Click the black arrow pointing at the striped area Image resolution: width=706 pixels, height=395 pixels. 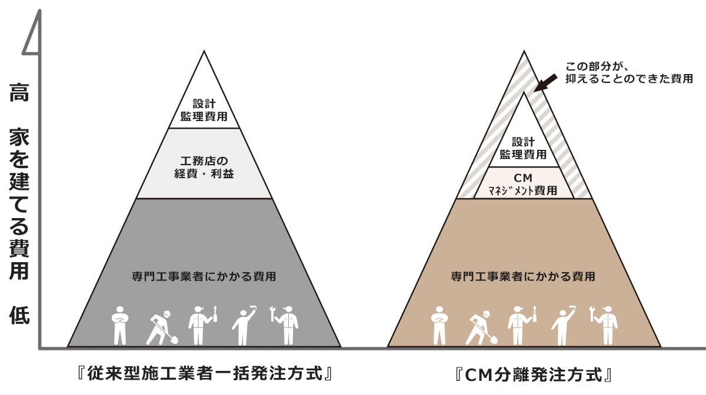point(545,82)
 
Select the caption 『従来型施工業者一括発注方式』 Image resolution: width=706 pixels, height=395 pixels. point(204,373)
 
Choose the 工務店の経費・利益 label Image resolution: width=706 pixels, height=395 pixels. point(204,167)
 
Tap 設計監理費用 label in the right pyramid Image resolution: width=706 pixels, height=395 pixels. point(523,148)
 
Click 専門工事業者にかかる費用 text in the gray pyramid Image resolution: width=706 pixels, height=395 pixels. point(204,275)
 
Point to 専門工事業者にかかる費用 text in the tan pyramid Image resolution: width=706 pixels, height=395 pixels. point(523,275)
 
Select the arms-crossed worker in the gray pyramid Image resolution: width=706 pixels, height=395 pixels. point(119,324)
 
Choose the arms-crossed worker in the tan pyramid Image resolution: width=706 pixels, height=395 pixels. point(439,324)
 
